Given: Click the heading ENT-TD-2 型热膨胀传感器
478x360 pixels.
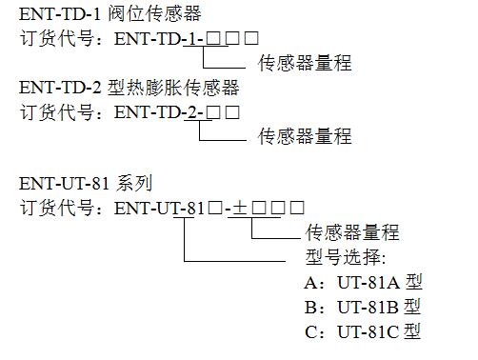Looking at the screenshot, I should [129, 88].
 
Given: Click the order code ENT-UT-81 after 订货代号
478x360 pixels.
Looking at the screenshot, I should [152, 208].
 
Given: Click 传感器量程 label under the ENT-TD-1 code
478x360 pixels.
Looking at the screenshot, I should [305, 64].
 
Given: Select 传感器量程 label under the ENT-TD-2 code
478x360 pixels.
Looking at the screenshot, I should [305, 136].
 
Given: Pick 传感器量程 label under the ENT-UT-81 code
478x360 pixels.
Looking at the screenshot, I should [352, 232].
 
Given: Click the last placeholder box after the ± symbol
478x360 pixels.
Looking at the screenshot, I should [297, 208].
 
